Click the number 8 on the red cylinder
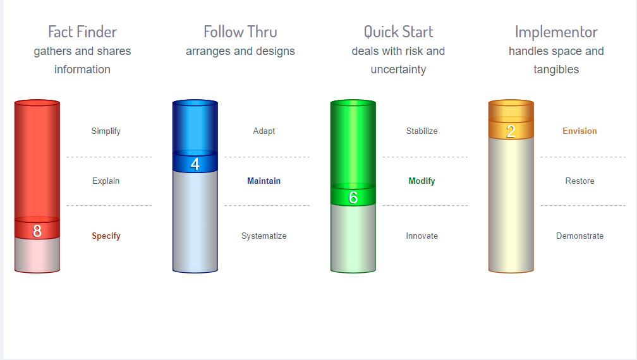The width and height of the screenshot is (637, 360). tap(37, 231)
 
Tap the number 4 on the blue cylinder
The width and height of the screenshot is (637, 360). tap(195, 164)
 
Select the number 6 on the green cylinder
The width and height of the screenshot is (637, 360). tap(353, 198)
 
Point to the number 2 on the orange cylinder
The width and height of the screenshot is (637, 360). tap(511, 131)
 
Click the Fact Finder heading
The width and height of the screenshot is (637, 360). tap(82, 32)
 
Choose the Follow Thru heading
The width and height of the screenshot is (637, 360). tap(241, 32)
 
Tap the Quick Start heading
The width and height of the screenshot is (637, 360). tap(399, 32)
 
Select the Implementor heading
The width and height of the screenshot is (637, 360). tap(556, 32)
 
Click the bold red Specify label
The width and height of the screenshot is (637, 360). tap(106, 236)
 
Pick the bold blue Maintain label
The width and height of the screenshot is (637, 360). tap(264, 181)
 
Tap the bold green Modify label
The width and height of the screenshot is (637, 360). tap(422, 181)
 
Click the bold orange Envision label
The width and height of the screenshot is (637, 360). tap(579, 131)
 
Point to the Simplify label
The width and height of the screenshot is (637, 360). tap(106, 131)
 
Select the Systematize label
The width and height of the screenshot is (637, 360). tap(264, 236)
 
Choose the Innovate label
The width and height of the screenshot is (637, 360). tap(422, 236)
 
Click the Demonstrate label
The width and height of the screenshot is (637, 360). tap(579, 236)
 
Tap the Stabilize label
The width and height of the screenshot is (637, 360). tap(422, 131)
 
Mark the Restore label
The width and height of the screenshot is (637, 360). tap(579, 181)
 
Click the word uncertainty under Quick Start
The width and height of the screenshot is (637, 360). tap(399, 69)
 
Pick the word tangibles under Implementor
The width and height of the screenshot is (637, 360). tap(556, 69)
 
